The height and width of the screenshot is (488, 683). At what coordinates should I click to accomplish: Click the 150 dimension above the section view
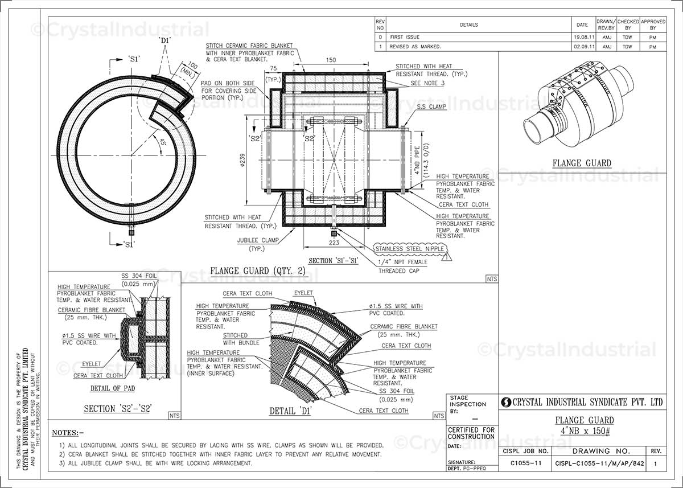[x=331, y=60]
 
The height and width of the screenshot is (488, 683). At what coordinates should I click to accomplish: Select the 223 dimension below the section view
[x=334, y=243]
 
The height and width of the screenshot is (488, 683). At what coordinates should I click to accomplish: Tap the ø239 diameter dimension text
[x=242, y=160]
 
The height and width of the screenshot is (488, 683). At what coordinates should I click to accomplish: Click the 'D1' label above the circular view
[x=165, y=40]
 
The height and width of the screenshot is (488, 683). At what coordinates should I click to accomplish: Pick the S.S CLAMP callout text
[x=431, y=106]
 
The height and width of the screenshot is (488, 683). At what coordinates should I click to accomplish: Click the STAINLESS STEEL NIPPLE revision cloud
[x=410, y=249]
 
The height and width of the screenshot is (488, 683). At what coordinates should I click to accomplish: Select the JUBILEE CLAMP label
[x=258, y=240]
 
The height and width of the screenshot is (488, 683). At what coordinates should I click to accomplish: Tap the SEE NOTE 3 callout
[x=427, y=83]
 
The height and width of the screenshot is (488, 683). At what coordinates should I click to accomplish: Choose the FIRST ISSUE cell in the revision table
[x=405, y=37]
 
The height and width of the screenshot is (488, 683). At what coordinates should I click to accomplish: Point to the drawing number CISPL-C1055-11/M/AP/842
[x=599, y=464]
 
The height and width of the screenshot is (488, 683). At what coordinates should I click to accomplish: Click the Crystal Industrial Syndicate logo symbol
[x=506, y=402]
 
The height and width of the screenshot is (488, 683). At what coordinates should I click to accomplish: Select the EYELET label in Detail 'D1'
[x=303, y=293]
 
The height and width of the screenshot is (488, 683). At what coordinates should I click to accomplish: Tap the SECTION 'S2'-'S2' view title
[x=118, y=409]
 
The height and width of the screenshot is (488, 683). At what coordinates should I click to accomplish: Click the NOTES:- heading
[x=68, y=433]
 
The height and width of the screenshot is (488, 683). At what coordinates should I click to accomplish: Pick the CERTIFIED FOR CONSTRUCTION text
[x=471, y=433]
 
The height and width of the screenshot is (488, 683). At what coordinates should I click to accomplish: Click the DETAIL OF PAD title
[x=113, y=388]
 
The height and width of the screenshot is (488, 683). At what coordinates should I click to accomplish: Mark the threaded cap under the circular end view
[x=131, y=232]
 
